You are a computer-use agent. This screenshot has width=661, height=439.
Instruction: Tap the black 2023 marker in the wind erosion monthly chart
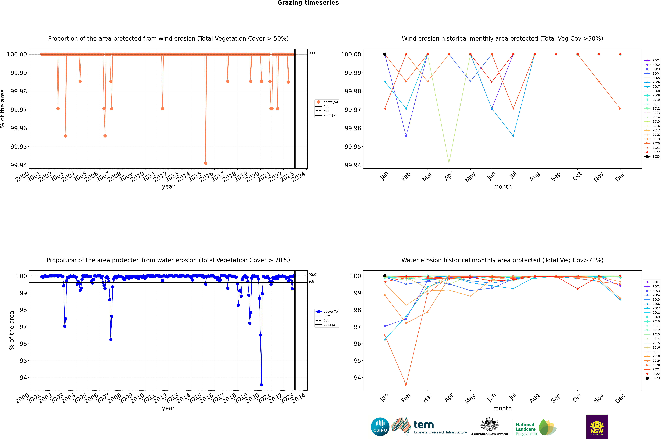coord(385,54)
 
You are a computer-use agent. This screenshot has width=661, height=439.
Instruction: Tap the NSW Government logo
coord(597,427)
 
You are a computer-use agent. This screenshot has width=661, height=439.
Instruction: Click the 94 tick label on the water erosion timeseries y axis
coord(23,378)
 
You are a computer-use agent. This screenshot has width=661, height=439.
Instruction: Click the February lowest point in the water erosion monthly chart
coord(406,385)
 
